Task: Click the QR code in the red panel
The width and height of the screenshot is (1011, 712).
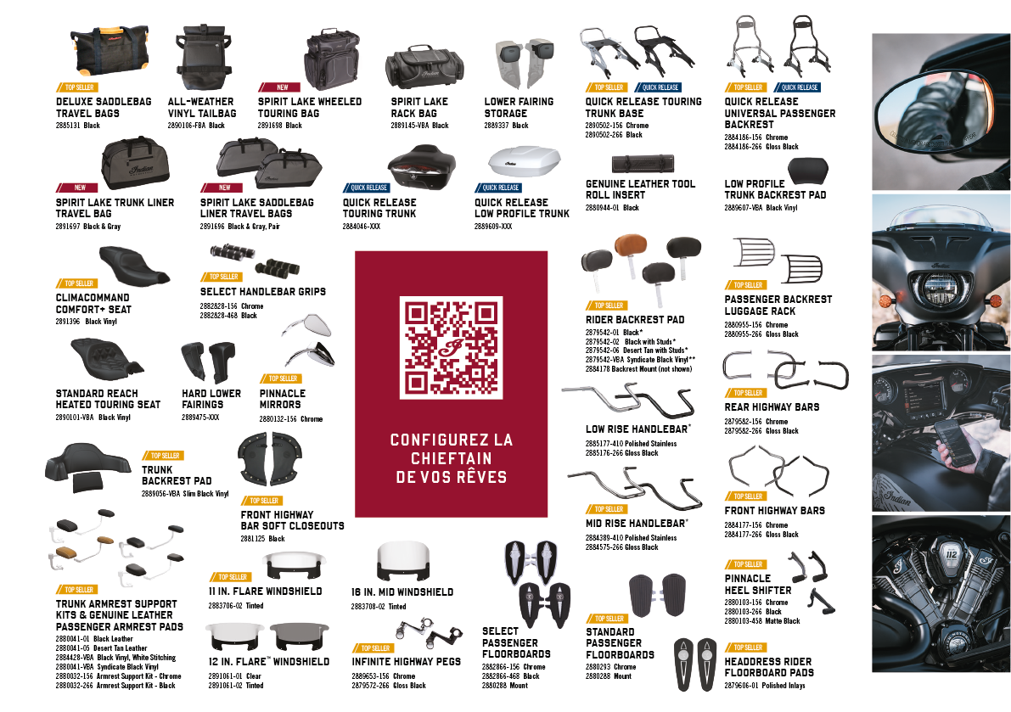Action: click(x=451, y=349)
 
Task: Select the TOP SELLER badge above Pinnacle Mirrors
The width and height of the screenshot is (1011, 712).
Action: click(x=284, y=378)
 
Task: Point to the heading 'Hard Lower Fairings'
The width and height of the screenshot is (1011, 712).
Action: click(x=211, y=399)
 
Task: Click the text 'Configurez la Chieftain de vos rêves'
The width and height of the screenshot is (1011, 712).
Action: click(x=451, y=458)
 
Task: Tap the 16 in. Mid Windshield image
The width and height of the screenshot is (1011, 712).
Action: click(x=402, y=563)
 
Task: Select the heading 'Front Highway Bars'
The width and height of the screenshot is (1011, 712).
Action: click(x=774, y=511)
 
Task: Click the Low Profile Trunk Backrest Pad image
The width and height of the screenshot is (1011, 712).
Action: click(x=807, y=171)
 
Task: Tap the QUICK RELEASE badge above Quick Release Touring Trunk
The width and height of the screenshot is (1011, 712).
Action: click(x=367, y=188)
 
